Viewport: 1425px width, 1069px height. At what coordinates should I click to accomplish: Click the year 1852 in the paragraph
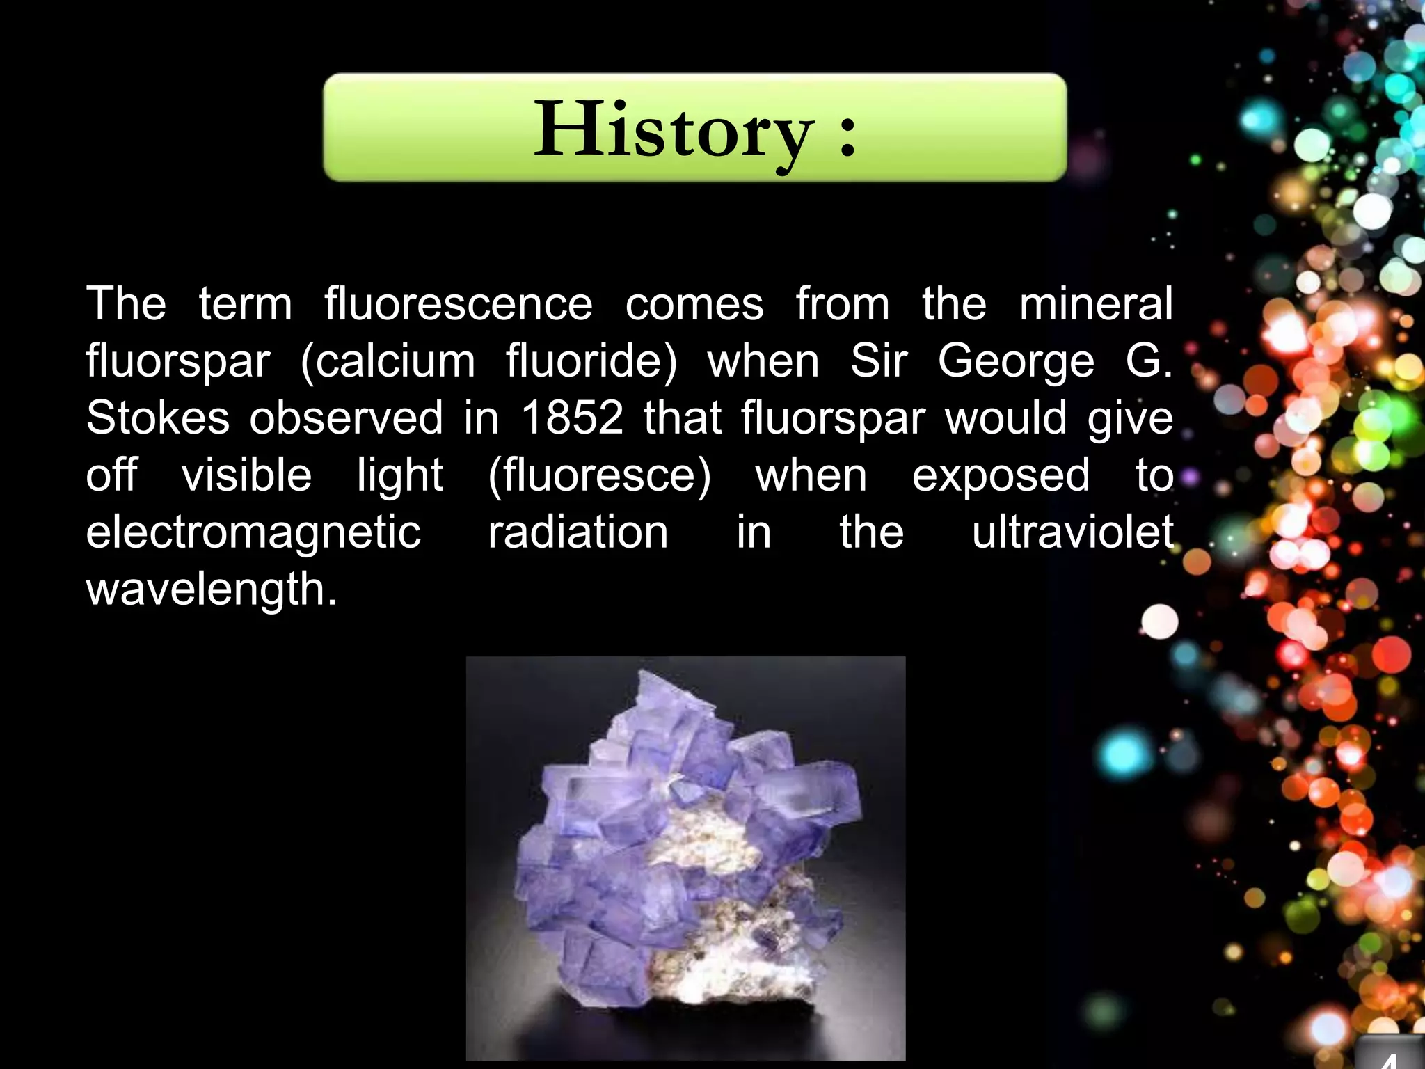coord(572,418)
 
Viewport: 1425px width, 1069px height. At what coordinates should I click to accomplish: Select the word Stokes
coord(157,418)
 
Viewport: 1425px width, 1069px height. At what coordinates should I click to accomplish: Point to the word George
coord(1016,361)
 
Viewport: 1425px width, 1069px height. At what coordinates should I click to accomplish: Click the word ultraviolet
coord(1072,532)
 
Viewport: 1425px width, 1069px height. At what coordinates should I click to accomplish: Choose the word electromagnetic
coord(253,532)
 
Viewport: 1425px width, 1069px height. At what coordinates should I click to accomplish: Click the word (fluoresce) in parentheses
coord(599,475)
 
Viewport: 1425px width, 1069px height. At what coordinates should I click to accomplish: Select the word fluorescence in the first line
coord(459,304)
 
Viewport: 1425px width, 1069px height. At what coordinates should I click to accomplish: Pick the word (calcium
coord(388,361)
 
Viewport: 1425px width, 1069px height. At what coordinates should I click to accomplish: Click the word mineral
coord(1096,304)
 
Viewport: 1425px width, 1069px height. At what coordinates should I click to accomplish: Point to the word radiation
coord(578,532)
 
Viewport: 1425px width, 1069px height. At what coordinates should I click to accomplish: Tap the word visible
coord(246,475)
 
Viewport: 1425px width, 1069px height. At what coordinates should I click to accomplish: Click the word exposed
coord(1001,475)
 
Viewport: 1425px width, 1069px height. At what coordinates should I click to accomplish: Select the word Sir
coord(879,361)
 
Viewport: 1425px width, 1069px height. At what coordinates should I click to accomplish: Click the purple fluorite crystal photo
coord(685,857)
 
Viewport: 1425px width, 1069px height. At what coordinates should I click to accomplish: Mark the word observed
coord(346,418)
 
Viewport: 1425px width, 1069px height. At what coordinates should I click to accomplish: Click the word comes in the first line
coord(694,304)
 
